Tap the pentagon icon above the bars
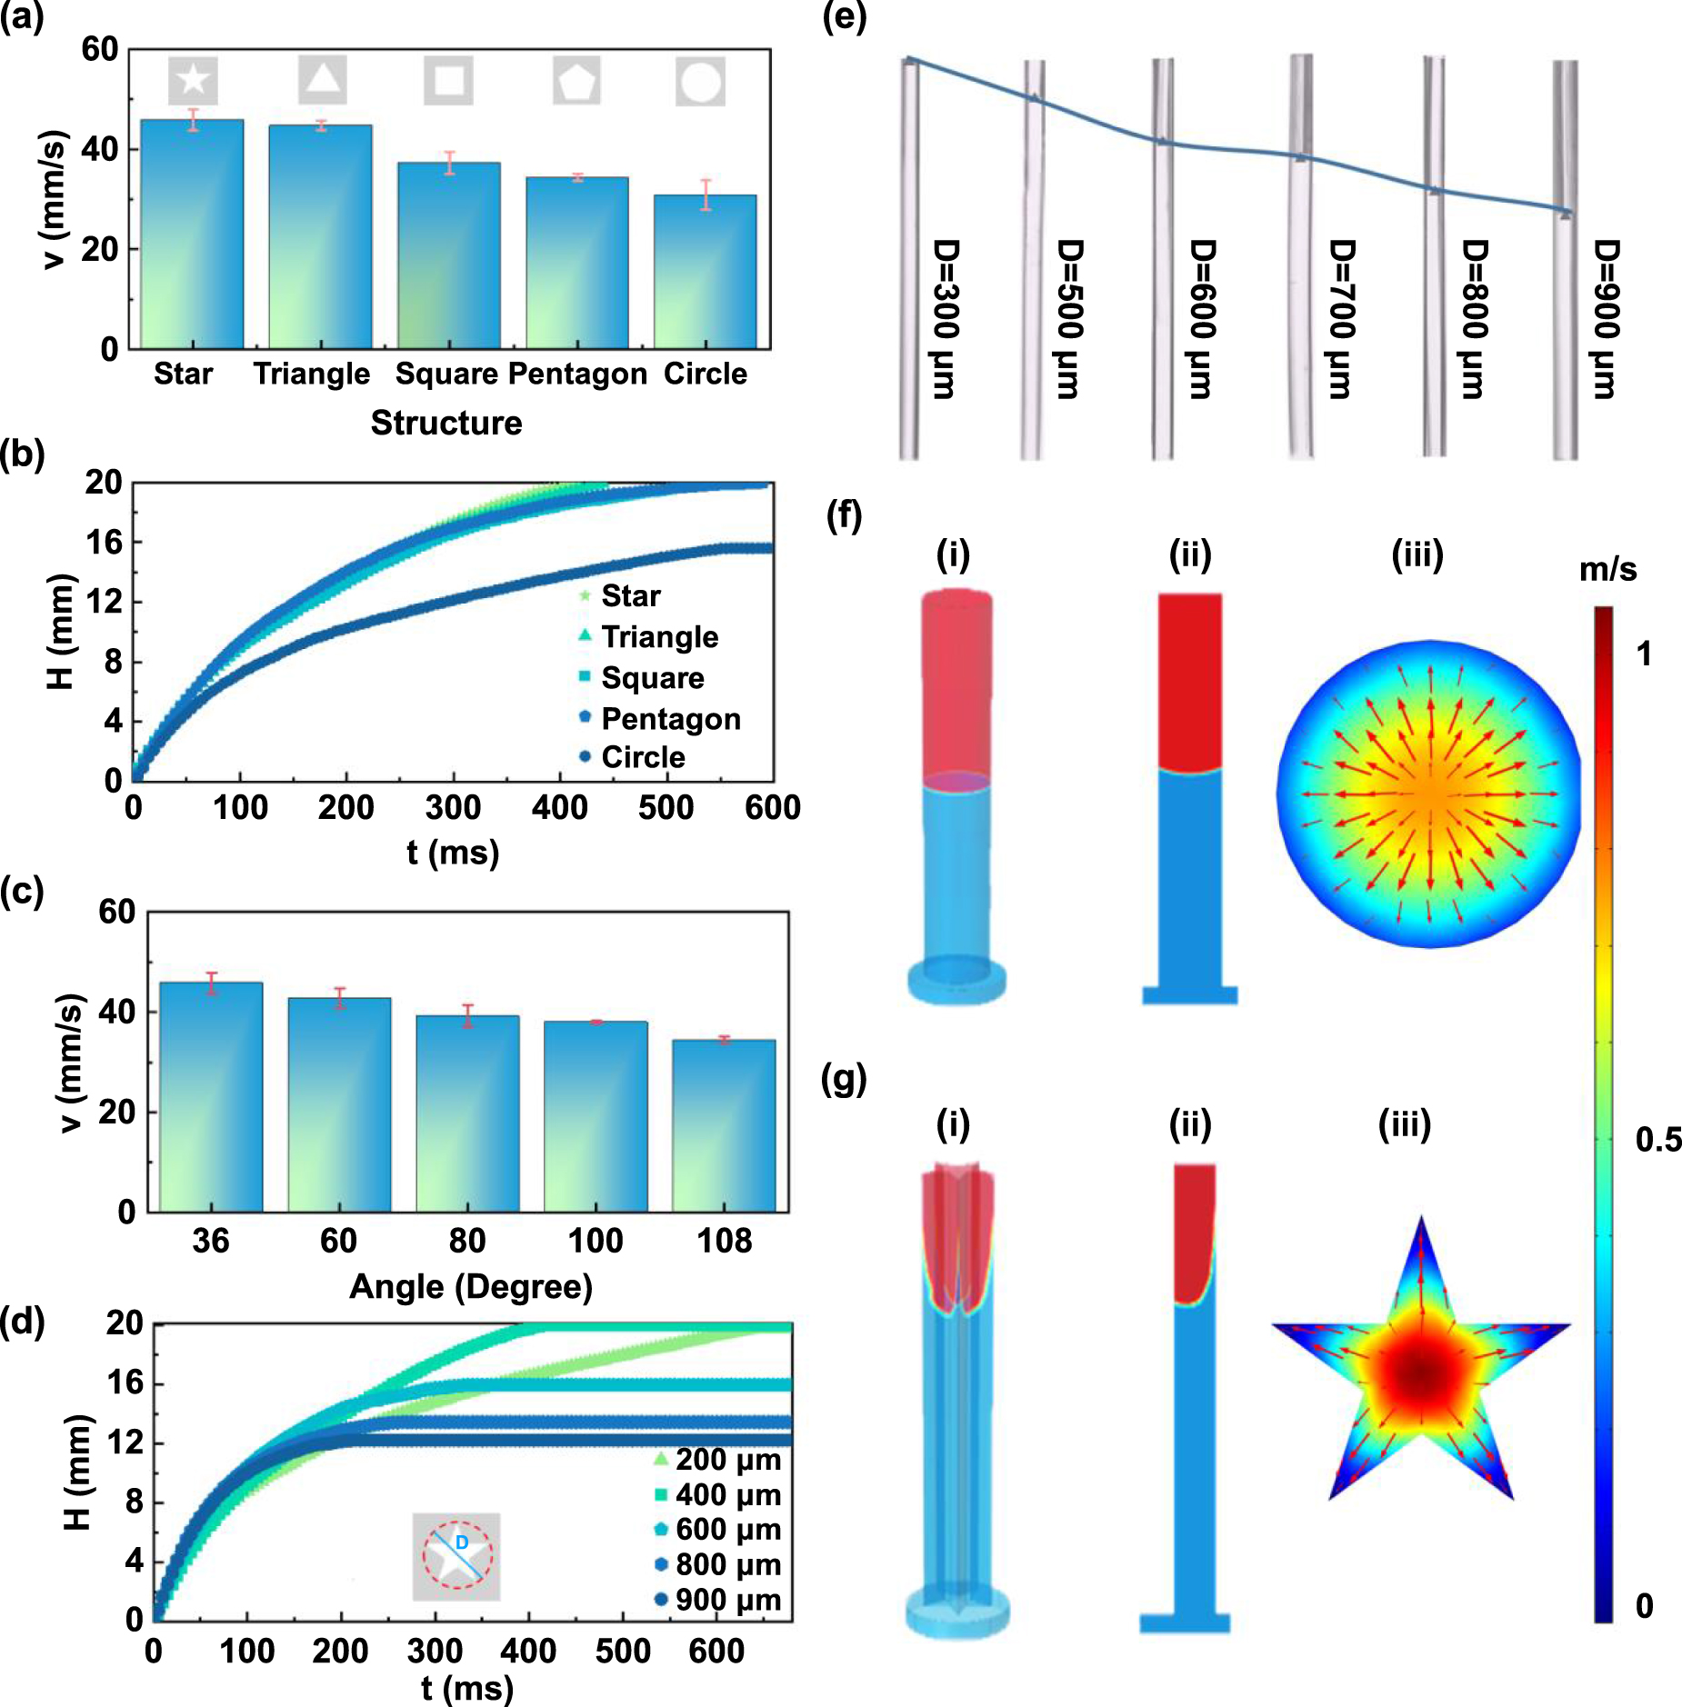click(576, 81)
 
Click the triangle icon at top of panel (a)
click(323, 79)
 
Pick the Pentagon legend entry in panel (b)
click(670, 719)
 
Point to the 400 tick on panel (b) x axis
click(560, 807)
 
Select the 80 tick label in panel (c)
click(467, 1241)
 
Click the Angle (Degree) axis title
click(471, 1287)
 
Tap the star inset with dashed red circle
click(456, 1557)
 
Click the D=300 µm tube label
click(946, 318)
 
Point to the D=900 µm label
click(1606, 318)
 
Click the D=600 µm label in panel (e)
click(1202, 318)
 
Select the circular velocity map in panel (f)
click(1429, 794)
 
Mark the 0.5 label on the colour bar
click(1657, 1140)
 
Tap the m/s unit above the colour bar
click(1607, 570)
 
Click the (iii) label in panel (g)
click(1405, 1124)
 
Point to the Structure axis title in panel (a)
click(446, 423)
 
